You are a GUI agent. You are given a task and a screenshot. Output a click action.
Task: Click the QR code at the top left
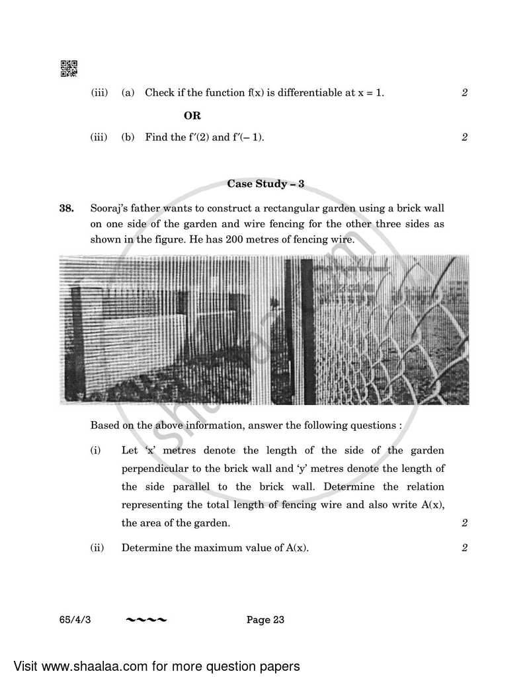(x=69, y=68)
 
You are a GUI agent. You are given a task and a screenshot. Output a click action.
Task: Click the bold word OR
(x=192, y=116)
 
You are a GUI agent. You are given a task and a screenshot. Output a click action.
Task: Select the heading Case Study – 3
(x=266, y=184)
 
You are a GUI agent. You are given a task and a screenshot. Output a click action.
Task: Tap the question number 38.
(x=67, y=209)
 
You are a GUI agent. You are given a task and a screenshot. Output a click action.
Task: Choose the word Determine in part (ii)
(x=144, y=548)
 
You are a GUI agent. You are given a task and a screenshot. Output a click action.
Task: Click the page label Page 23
(x=265, y=619)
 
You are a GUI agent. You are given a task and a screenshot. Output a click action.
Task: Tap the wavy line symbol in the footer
(x=147, y=619)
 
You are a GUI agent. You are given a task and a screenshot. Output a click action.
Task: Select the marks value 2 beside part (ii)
(x=465, y=548)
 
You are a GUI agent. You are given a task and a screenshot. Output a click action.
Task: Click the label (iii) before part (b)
(x=99, y=137)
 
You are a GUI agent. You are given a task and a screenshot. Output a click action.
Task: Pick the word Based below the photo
(x=104, y=426)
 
